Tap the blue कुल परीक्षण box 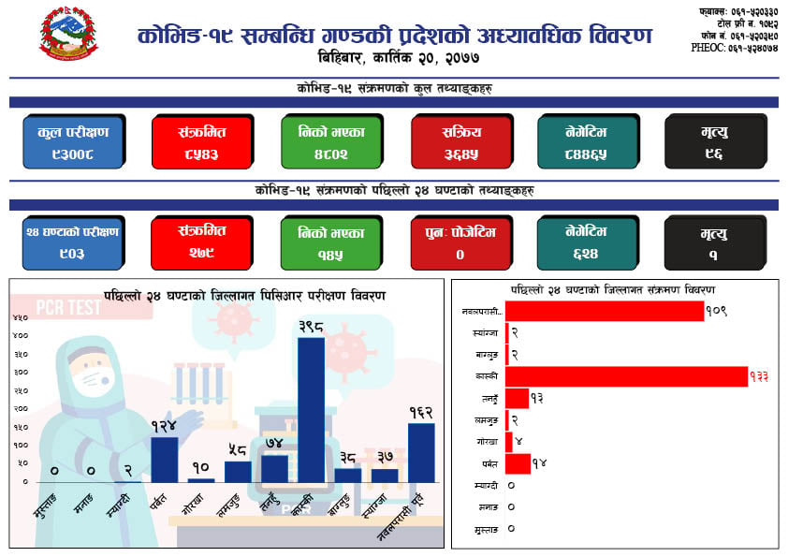click(73, 140)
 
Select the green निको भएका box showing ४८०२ click(331, 140)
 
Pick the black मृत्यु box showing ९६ click(715, 140)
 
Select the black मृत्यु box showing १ click(715, 243)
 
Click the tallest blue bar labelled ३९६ click(311, 409)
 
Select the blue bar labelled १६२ click(421, 452)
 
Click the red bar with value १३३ click(626, 376)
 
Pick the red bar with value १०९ click(605, 311)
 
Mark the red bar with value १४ click(518, 463)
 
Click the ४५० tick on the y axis click(20, 317)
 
